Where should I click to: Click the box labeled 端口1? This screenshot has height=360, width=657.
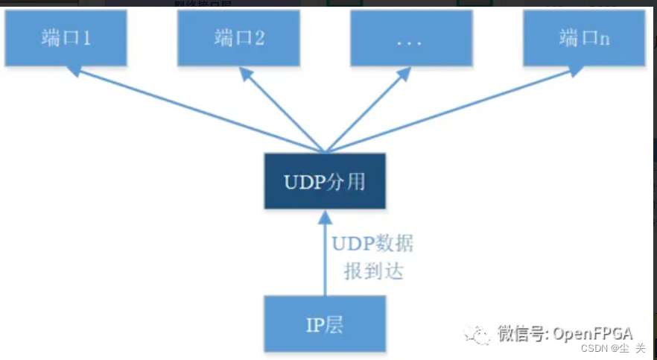pos(66,38)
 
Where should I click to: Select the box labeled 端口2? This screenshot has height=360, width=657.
pos(238,38)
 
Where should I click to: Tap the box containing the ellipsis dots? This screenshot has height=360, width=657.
pos(410,38)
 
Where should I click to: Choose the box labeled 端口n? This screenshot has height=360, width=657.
pos(583,38)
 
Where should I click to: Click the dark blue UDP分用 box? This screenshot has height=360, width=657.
pos(324,181)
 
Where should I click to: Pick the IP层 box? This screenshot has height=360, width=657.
pos(324,324)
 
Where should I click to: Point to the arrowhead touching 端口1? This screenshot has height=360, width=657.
pos(73,70)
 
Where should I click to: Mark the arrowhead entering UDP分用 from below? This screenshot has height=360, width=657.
pos(324,217)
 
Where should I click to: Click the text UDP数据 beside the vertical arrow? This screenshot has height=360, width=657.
pos(372,244)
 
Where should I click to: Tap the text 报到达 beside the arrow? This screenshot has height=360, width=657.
pos(373,271)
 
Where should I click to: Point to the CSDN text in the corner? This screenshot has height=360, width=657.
pos(594,349)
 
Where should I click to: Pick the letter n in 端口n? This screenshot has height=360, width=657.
pos(604,40)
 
